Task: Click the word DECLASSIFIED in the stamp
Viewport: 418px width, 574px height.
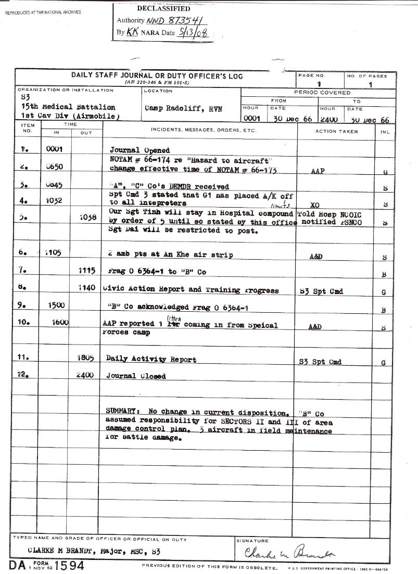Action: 163,8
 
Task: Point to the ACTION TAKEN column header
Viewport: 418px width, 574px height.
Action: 336,132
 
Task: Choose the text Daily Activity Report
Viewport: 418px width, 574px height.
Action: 151,359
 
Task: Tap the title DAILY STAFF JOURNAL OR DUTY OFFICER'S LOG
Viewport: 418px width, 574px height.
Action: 157,76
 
